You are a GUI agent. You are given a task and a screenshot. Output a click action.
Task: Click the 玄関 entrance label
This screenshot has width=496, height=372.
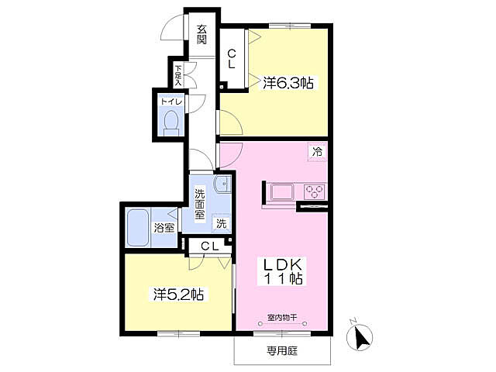(201, 35)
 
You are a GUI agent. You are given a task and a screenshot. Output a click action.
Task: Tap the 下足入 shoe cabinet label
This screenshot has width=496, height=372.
(178, 76)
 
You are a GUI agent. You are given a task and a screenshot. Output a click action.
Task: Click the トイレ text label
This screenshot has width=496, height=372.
(171, 102)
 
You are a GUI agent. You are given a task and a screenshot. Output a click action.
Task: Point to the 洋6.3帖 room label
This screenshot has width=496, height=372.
(288, 83)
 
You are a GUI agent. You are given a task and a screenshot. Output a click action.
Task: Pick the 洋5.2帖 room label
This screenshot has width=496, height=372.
(178, 294)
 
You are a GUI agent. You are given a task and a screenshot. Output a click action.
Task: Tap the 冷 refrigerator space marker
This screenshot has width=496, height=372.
(317, 152)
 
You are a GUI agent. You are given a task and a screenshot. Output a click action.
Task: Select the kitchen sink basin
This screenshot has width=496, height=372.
(282, 191)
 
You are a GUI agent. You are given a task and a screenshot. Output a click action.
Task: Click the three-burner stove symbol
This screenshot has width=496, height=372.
(315, 191)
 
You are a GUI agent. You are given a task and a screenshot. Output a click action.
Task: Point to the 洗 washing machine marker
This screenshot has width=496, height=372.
(221, 223)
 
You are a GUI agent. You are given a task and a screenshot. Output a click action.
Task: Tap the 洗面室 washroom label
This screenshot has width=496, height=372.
(200, 205)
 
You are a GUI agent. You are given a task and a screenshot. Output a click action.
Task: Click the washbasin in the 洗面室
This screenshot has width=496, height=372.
(222, 184)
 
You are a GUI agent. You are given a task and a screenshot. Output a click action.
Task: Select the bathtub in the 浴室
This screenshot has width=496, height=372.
(138, 227)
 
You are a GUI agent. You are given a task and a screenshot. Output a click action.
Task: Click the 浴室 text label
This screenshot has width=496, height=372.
(164, 228)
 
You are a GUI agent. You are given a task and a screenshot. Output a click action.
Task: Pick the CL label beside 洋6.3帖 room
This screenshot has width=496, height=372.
(231, 59)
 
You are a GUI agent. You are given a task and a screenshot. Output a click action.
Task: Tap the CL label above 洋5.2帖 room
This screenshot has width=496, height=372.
(210, 246)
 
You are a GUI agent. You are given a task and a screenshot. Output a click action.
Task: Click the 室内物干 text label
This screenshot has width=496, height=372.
(282, 317)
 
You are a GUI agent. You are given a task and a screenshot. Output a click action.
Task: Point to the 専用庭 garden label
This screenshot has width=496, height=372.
(282, 350)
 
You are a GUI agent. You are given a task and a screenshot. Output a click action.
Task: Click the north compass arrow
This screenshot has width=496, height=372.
(360, 336)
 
